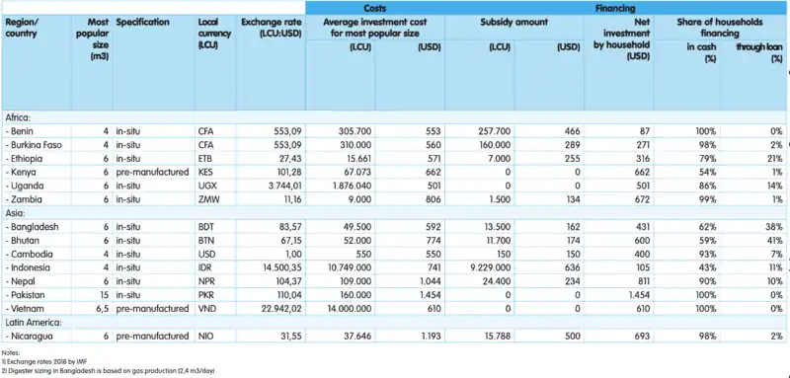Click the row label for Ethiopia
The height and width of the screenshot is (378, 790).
pos(29,156)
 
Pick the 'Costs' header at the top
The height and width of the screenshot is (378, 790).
pos(374,6)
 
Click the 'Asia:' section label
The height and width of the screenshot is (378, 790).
pos(17,213)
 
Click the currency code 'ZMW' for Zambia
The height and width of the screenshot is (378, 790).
pos(209,197)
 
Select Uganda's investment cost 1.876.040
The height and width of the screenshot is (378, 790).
pos(337,184)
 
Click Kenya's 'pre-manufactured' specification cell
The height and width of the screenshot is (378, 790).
pos(152,170)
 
